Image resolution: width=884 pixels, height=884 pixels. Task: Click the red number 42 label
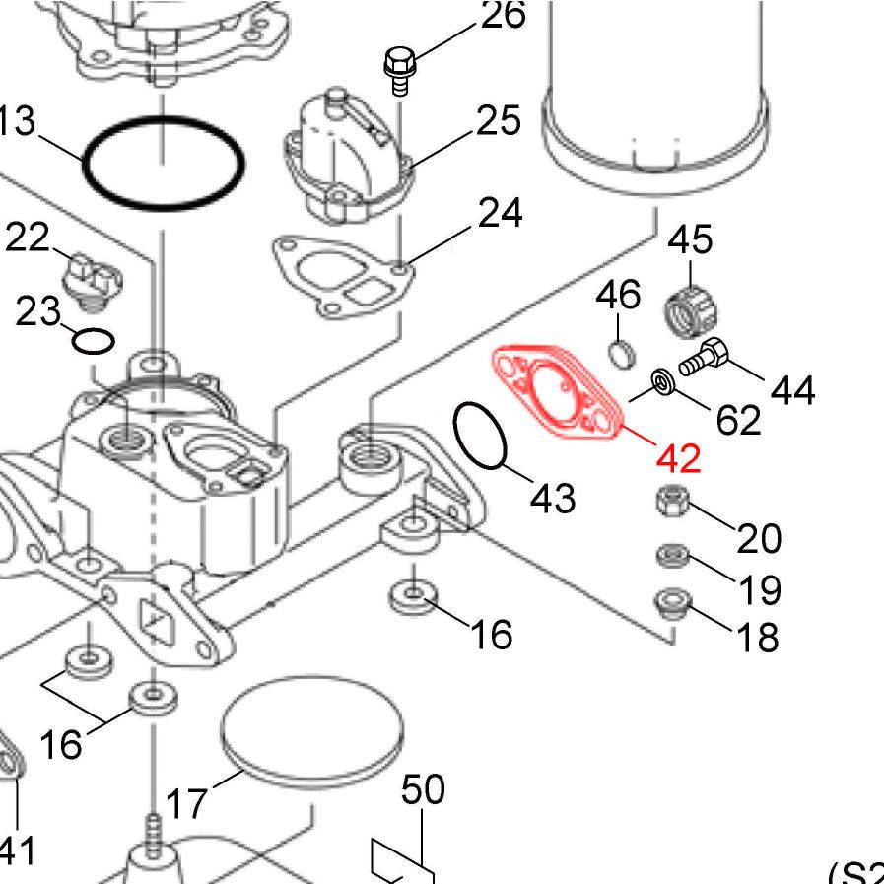tap(678, 457)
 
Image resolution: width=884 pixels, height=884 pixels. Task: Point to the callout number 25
tap(498, 120)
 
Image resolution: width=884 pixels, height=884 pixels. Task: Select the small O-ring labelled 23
tap(94, 342)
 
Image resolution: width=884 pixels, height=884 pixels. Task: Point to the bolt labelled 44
tap(703, 357)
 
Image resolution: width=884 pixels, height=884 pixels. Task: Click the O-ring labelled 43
tap(481, 436)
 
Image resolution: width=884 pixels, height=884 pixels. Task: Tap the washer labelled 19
tap(672, 557)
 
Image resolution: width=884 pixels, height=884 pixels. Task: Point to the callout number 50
tap(423, 789)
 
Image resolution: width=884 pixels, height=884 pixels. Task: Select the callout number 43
tap(552, 497)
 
